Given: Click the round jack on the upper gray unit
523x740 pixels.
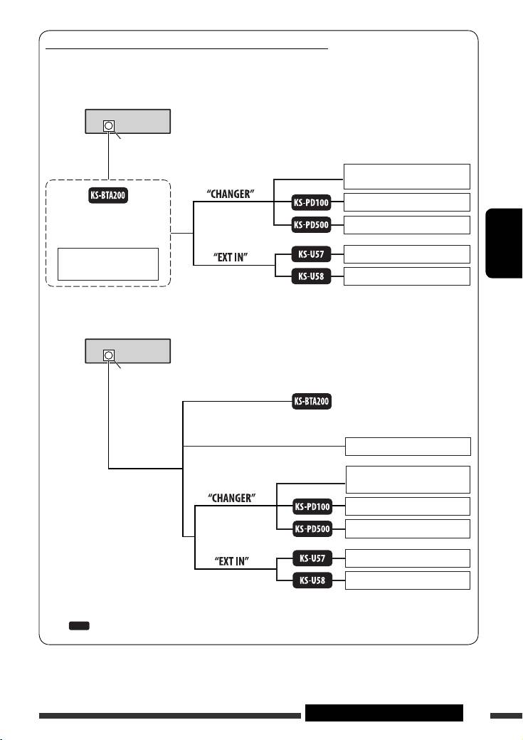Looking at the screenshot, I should coord(108,126).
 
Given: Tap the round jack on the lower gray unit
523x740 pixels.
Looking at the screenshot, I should coord(108,355).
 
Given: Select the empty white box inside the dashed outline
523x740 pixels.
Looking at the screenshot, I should coord(108,264).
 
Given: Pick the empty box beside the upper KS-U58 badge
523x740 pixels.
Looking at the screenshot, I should coord(406,276).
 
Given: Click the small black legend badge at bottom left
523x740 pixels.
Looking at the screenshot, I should coord(78,625).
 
